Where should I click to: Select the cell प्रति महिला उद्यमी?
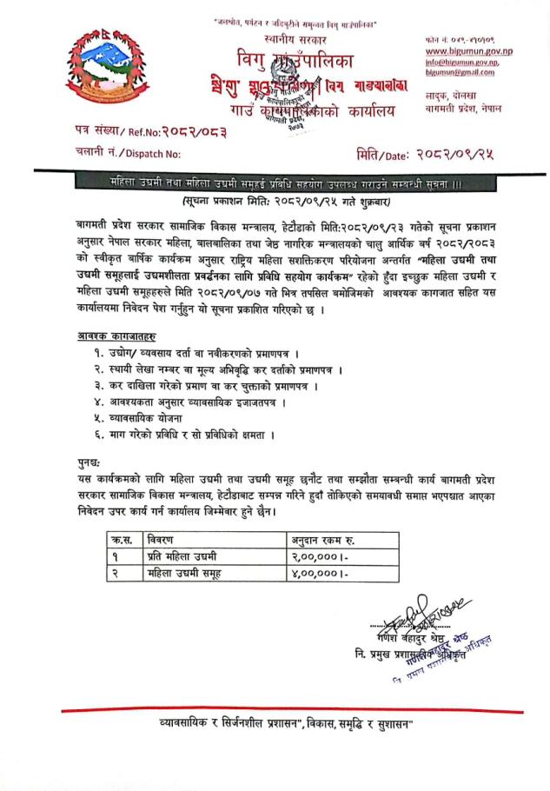click(183, 556)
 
